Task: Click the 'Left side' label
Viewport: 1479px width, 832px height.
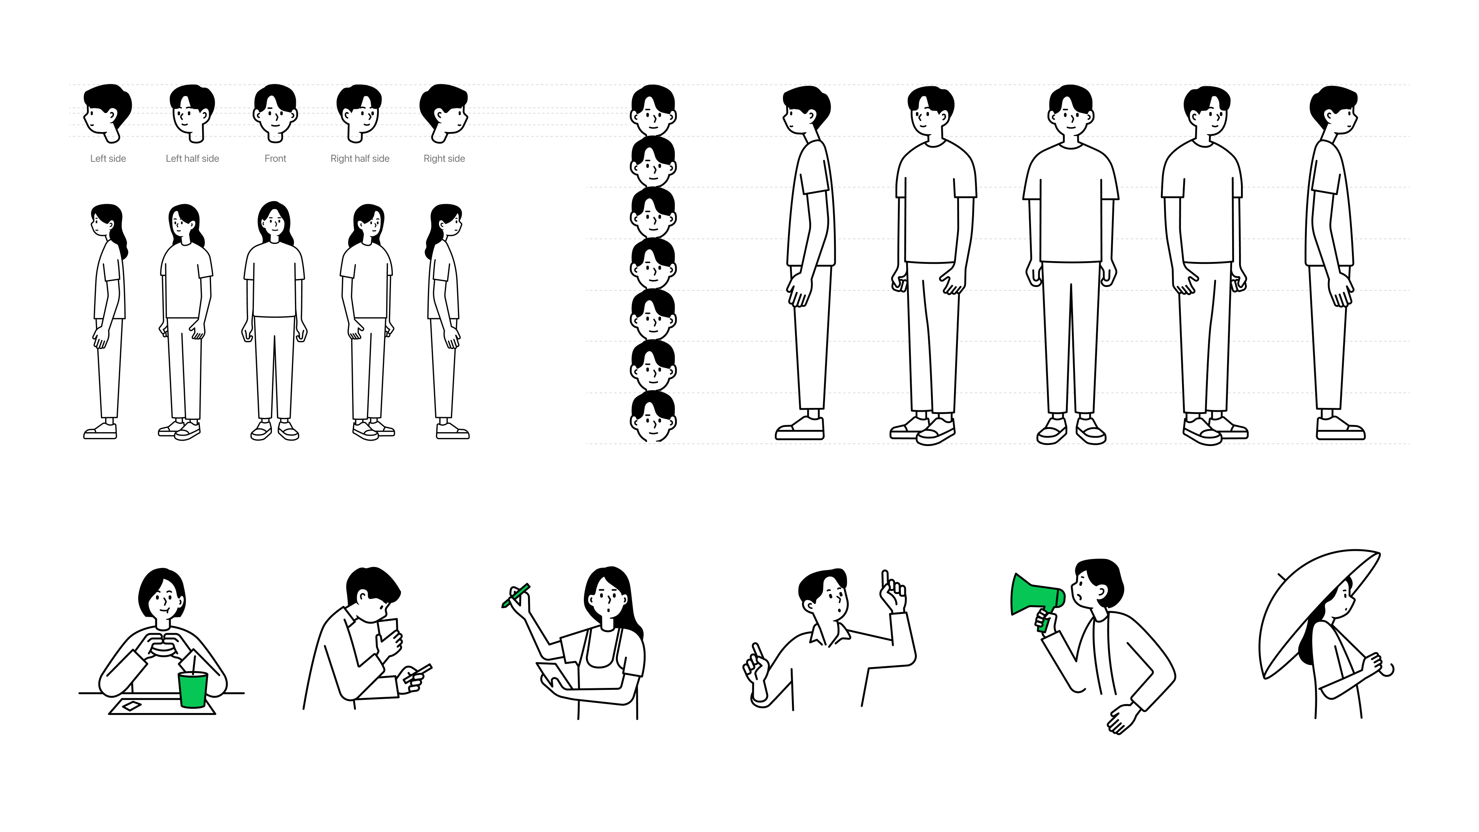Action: click(x=108, y=158)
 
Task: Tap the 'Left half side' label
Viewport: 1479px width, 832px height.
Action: click(x=192, y=158)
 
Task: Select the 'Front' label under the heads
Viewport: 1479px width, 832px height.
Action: click(x=275, y=158)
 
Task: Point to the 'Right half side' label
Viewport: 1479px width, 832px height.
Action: click(x=360, y=158)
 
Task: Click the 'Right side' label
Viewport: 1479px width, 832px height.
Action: click(x=444, y=158)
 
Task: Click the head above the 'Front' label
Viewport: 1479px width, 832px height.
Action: click(x=275, y=112)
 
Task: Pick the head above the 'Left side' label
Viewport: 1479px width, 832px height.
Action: click(x=107, y=112)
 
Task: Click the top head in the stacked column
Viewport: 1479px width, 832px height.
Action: click(x=653, y=110)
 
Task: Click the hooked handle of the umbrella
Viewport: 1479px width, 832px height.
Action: click(x=1388, y=671)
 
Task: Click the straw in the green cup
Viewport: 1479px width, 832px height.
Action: click(x=193, y=665)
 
